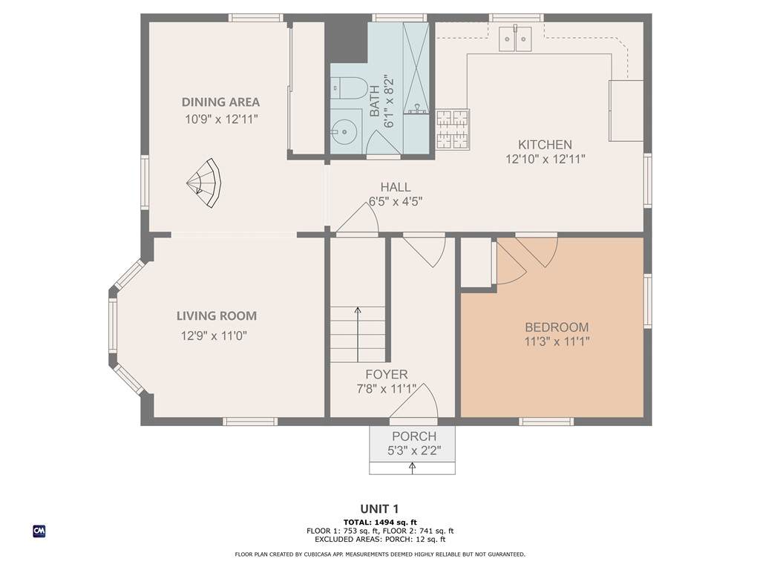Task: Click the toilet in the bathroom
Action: click(x=347, y=88)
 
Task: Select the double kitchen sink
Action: click(x=515, y=39)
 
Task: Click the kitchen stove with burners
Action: click(x=453, y=129)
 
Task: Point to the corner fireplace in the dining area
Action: click(x=204, y=183)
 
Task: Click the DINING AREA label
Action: click(x=220, y=102)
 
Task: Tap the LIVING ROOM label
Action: click(x=217, y=316)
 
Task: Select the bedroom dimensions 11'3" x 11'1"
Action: click(x=557, y=341)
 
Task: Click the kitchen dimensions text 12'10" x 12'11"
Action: click(x=546, y=159)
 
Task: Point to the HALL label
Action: click(x=396, y=187)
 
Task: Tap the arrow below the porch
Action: click(x=413, y=468)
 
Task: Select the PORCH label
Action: click(x=414, y=436)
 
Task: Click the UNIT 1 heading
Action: click(x=379, y=509)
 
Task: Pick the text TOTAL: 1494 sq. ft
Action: click(x=380, y=522)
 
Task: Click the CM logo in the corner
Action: click(x=39, y=531)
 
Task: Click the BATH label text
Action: click(x=375, y=101)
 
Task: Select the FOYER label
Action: click(x=386, y=375)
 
